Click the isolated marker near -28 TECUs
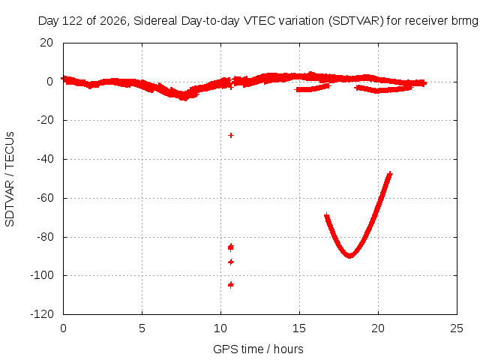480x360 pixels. (231, 135)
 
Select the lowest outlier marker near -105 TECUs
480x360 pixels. (231, 285)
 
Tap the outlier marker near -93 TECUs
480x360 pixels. (231, 262)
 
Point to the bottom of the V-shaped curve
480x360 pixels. (349, 256)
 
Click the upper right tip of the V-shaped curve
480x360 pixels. (390, 174)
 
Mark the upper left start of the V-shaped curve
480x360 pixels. (327, 216)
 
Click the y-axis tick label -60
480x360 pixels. (45, 198)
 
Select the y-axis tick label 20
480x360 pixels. (46, 43)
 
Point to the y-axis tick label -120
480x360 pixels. (42, 314)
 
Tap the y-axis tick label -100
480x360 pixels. (42, 275)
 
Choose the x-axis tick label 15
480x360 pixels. (299, 328)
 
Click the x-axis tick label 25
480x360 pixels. (457, 328)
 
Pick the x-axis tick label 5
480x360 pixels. (142, 328)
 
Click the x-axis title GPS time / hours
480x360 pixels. (258, 349)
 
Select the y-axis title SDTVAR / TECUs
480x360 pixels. (10, 179)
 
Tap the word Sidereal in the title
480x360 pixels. (155, 21)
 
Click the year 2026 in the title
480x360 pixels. (113, 21)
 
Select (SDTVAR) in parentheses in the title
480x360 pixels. (356, 21)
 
